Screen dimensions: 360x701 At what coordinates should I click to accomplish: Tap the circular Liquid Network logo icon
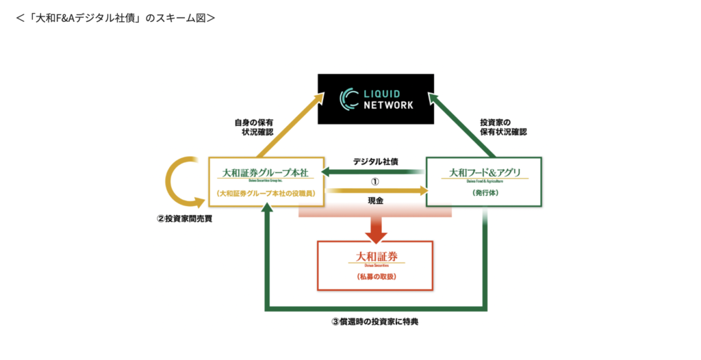coord(350,99)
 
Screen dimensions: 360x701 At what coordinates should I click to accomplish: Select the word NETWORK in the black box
coord(388,105)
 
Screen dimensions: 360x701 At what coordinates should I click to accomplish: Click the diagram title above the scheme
coord(115,17)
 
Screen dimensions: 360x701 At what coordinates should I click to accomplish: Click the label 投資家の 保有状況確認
coord(503,127)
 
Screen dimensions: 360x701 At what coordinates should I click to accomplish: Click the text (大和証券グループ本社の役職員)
coord(266,194)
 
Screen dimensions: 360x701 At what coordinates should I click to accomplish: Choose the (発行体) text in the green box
coord(484,194)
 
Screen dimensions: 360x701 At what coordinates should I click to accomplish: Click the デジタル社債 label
coord(375,162)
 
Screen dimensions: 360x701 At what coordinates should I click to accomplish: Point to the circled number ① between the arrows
coord(374,182)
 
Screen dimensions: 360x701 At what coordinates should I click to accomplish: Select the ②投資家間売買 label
coord(183,220)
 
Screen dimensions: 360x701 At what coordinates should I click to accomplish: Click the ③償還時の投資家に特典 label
coord(374,322)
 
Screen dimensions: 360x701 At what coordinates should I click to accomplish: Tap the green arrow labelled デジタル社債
coord(373,171)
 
